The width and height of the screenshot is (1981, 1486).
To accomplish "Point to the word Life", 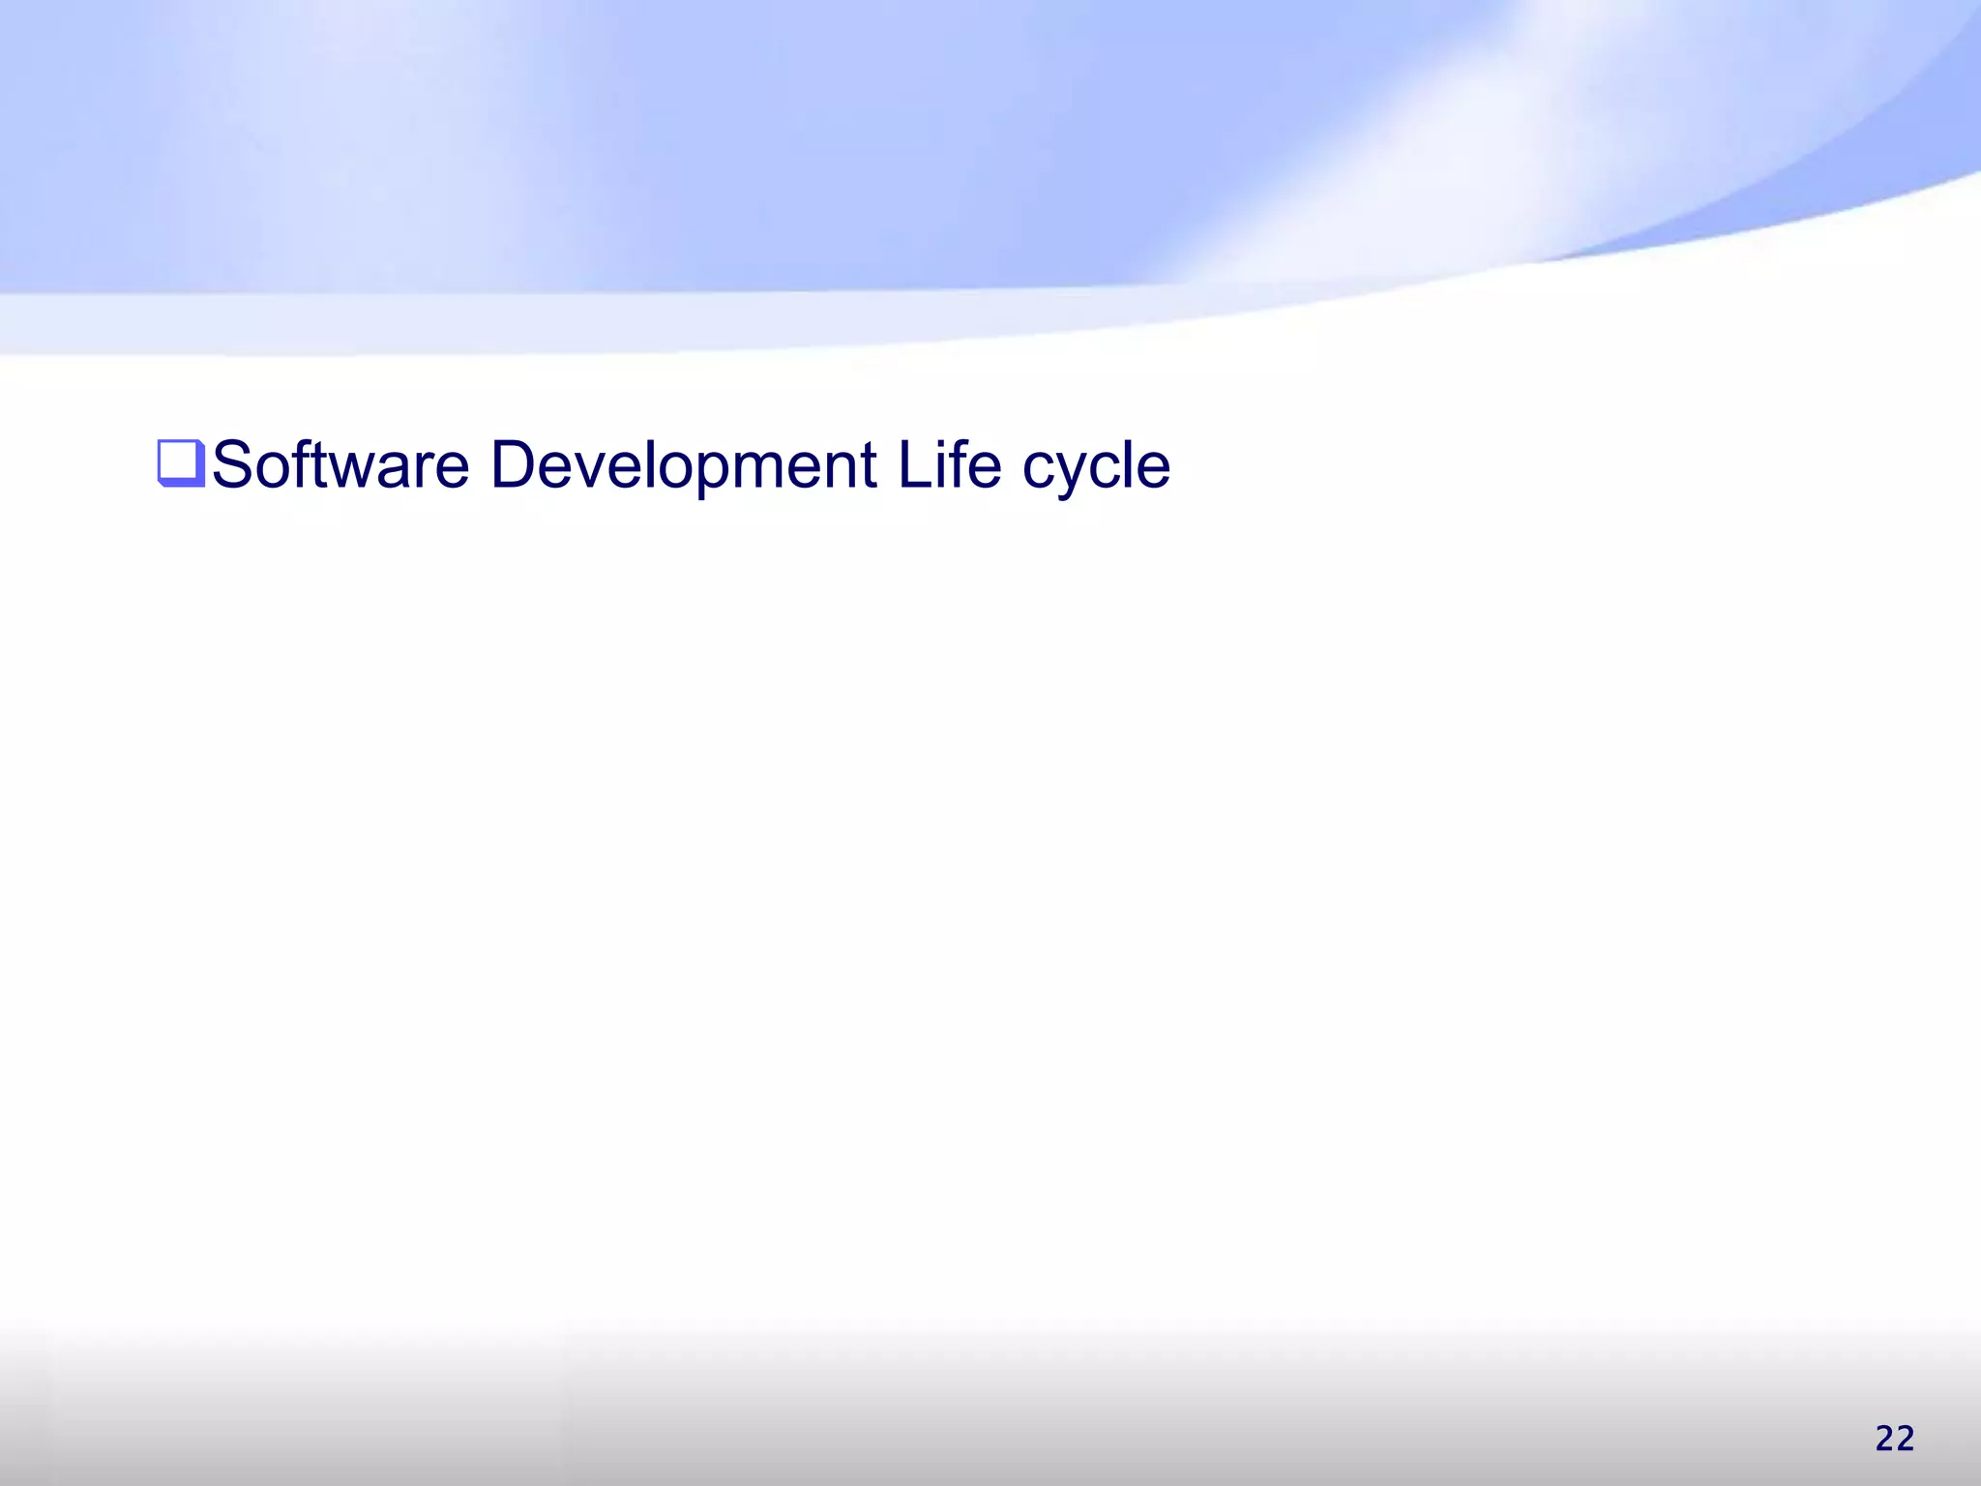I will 949,465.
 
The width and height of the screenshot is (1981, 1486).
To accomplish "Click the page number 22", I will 1894,1439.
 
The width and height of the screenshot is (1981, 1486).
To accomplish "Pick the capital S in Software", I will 233,465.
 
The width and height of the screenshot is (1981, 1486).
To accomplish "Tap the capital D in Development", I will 514,465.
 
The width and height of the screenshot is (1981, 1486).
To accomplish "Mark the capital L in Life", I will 910,465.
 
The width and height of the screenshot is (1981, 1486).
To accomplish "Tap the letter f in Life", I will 956,463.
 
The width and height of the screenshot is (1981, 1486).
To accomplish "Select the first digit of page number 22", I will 1884,1439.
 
